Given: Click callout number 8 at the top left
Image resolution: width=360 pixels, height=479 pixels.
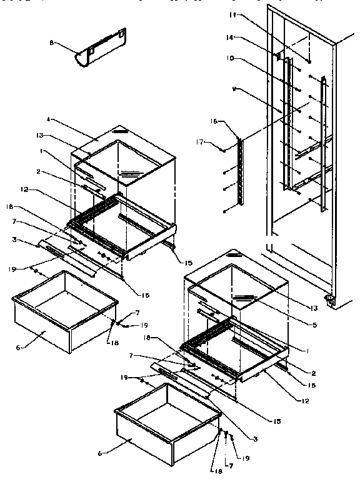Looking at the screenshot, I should coord(52,43).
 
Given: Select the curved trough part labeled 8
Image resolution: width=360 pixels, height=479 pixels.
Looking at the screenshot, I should coord(100,49).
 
